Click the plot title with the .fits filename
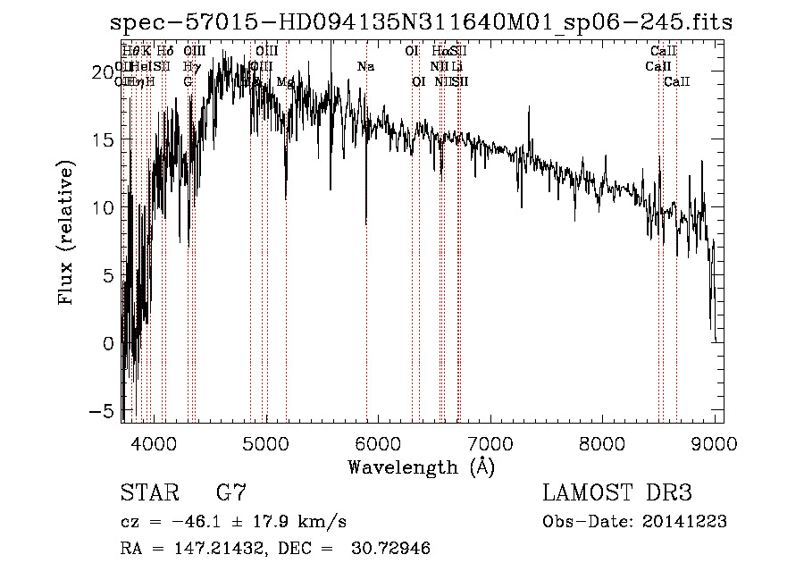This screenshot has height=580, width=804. tap(427, 22)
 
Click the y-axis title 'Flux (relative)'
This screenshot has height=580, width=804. tap(66, 232)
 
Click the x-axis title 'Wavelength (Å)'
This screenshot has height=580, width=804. tap(421, 467)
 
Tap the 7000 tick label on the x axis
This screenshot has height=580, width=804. tap(490, 443)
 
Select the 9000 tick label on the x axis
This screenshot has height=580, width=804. tap(716, 443)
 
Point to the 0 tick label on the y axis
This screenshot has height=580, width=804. tap(108, 343)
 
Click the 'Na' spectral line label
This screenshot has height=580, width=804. tap(365, 66)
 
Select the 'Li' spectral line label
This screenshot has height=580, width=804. tap(456, 66)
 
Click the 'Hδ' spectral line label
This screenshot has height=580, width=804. tap(165, 51)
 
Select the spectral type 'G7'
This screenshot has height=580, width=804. tap(231, 493)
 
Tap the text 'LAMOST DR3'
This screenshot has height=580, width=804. tap(617, 493)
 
